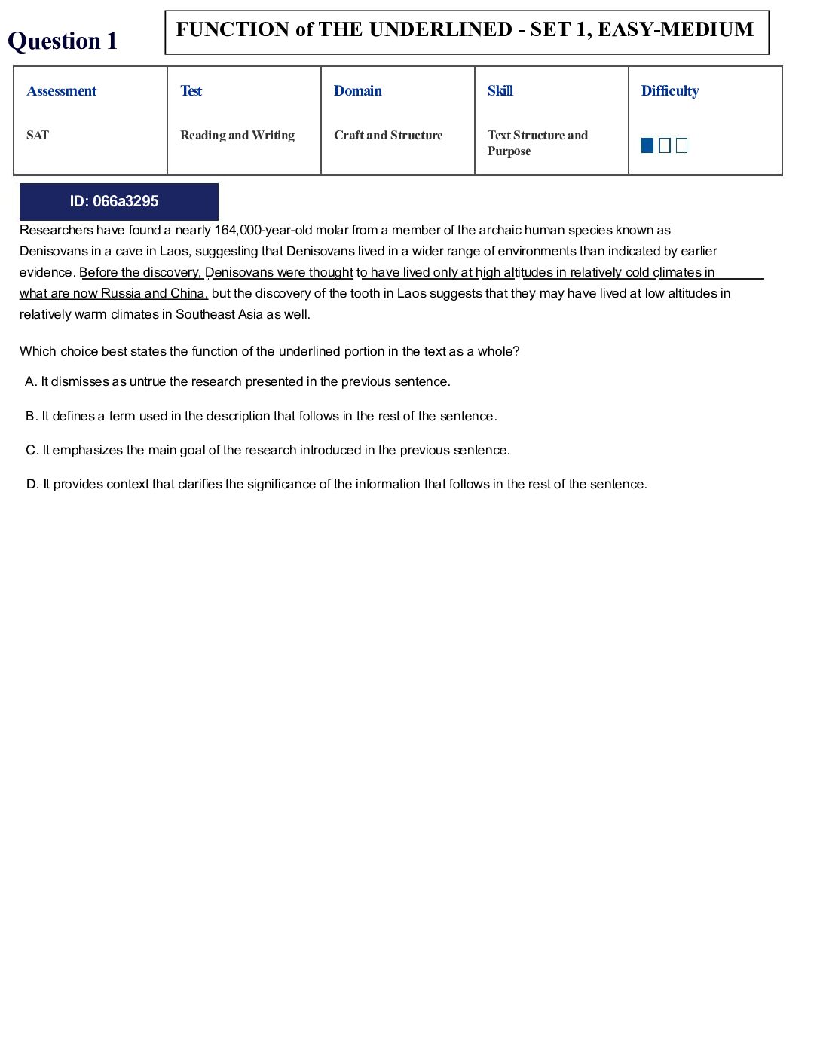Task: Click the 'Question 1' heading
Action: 63,41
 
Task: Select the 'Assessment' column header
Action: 62,91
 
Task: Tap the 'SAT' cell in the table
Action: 38,136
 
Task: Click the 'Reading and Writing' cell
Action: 237,136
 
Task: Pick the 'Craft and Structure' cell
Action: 388,136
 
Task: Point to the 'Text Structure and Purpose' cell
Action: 537,143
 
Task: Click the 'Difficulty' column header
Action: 670,91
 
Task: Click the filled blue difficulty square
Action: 647,145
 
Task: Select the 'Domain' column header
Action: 358,91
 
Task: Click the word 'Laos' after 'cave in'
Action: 174,252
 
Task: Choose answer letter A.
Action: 30,382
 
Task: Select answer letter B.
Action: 31,417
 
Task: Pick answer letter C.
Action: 31,451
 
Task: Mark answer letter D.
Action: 32,485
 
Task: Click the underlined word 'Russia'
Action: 121,294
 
